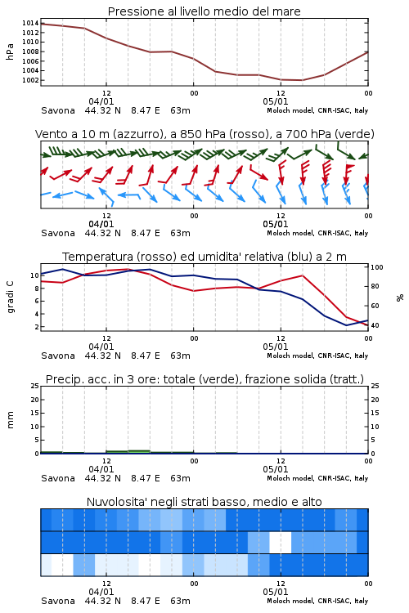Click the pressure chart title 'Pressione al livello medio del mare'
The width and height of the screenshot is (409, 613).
tap(204, 11)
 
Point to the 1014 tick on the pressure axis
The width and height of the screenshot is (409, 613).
tap(30, 23)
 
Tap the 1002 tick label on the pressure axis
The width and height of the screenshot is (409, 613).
tap(30, 80)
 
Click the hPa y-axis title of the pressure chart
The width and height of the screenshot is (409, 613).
tap(10, 51)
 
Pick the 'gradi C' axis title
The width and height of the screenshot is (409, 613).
tap(11, 298)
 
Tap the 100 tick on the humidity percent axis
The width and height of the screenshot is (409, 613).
tap(377, 267)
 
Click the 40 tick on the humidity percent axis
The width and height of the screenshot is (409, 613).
tap(375, 325)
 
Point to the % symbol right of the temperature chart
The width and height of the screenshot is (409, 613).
tap(400, 298)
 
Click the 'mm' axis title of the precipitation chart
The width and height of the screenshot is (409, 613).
tap(11, 420)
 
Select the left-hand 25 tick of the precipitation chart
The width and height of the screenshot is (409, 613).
tap(35, 386)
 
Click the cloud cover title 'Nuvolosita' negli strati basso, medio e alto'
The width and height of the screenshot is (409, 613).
tap(204, 502)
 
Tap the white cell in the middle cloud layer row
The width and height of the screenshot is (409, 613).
tap(281, 542)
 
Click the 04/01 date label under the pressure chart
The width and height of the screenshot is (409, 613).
tap(101, 101)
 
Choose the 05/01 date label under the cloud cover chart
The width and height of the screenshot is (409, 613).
tap(275, 592)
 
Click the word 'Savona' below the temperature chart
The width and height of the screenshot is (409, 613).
tap(58, 356)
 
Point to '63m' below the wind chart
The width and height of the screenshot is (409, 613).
tap(180, 234)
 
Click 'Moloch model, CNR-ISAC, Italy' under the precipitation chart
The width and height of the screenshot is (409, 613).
tap(317, 478)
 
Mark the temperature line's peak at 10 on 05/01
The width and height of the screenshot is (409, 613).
tap(302, 275)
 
